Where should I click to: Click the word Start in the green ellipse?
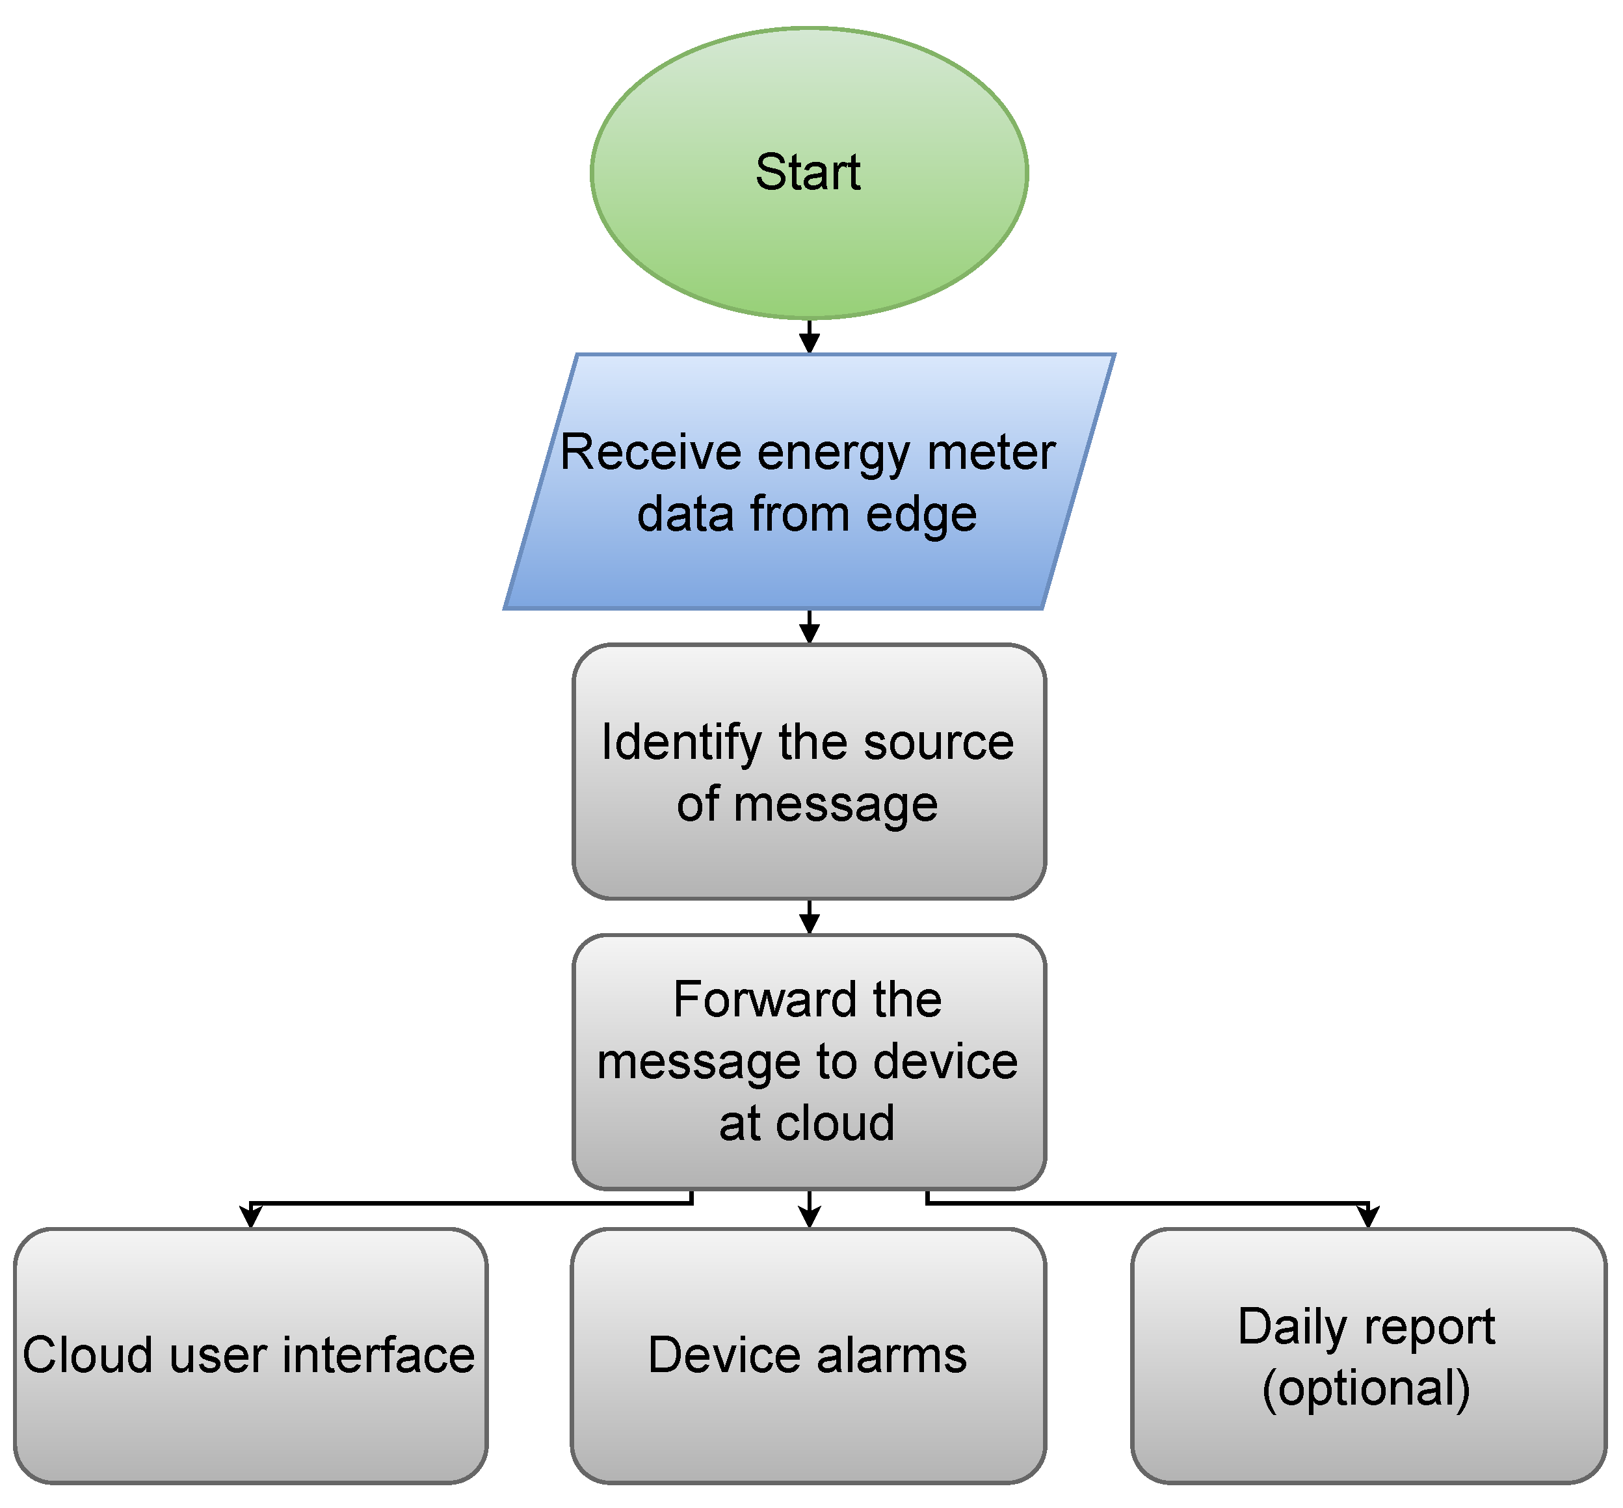coord(807,172)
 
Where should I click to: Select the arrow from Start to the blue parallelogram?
coord(809,336)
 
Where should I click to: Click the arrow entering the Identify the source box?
coord(809,627)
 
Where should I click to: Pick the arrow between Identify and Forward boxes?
coord(809,917)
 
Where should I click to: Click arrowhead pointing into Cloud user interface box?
coord(250,1217)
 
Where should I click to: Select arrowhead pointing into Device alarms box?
coord(809,1217)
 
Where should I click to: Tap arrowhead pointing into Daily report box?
coord(1367,1217)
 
